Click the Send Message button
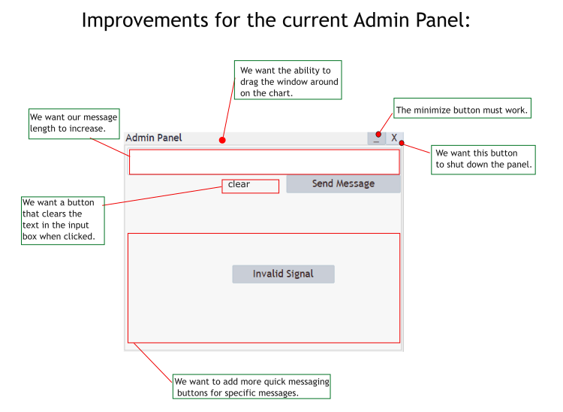point(343,184)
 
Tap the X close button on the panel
point(394,138)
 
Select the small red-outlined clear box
point(250,186)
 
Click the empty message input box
point(263,162)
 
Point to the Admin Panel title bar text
point(154,138)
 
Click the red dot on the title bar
point(222,140)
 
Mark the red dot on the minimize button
point(378,134)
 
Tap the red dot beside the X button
point(402,143)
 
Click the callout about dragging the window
point(288,80)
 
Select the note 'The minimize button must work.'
point(462,111)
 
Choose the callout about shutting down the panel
point(483,159)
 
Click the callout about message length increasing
point(73,123)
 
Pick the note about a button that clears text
point(62,220)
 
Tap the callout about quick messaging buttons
point(251,386)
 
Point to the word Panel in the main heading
point(436,20)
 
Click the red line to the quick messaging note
point(153,362)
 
